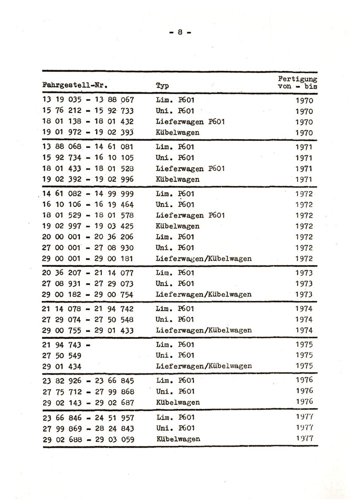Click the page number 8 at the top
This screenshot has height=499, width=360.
click(179, 32)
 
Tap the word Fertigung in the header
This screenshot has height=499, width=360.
click(297, 78)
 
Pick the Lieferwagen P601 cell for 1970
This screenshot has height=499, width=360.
click(190, 122)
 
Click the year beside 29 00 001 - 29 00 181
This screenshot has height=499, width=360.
click(303, 259)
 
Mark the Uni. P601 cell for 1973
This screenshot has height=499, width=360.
click(175, 284)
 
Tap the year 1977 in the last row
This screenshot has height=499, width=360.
click(303, 438)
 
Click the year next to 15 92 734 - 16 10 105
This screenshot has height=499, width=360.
click(303, 158)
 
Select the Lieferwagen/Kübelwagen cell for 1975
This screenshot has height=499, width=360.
click(204, 366)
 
